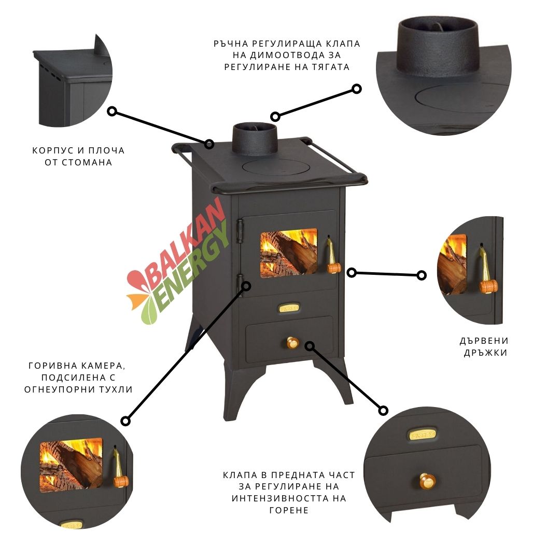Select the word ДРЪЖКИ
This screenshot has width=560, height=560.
pos(483,353)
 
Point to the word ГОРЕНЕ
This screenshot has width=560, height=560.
pos(289,510)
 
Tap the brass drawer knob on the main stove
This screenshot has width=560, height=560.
pos(293,343)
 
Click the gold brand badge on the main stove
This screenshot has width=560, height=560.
pos(288,308)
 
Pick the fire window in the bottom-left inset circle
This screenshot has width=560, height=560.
pos(72,465)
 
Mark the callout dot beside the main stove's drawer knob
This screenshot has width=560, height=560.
pos(310,345)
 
